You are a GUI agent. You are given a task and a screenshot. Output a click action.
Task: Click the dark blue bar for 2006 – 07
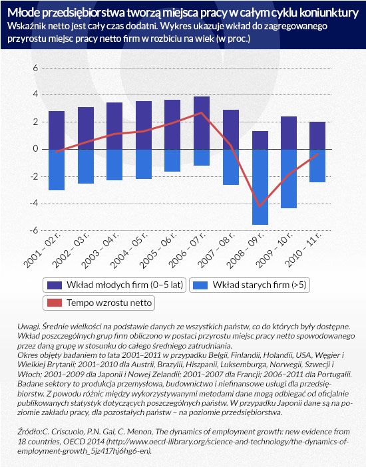(202, 122)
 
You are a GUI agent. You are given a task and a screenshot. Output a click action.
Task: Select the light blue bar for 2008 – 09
(260, 187)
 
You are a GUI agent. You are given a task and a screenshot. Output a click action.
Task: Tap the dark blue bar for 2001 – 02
(57, 130)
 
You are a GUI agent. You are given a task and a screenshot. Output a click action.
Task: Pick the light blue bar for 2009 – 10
(289, 178)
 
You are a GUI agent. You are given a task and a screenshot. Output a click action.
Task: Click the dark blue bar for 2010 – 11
(317, 136)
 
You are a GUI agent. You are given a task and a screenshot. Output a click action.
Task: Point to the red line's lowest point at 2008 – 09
(260, 206)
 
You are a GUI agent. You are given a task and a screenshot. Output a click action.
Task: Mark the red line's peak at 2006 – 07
(202, 112)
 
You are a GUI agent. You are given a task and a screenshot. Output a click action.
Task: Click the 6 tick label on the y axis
(36, 68)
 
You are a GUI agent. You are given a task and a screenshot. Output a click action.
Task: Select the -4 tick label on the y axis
(34, 204)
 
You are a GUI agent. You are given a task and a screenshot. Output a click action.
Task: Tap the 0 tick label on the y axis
(36, 149)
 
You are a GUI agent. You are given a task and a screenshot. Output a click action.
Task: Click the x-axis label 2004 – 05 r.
(129, 249)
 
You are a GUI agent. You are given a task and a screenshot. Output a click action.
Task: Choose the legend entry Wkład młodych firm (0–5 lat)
(114, 285)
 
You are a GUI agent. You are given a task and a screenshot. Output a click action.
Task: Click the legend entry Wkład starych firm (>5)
(250, 285)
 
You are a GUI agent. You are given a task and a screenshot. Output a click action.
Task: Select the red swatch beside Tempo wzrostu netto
(55, 303)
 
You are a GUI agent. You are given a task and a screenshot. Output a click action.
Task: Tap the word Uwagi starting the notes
(29, 327)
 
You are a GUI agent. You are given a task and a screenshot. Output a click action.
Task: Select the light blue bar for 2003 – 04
(114, 165)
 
